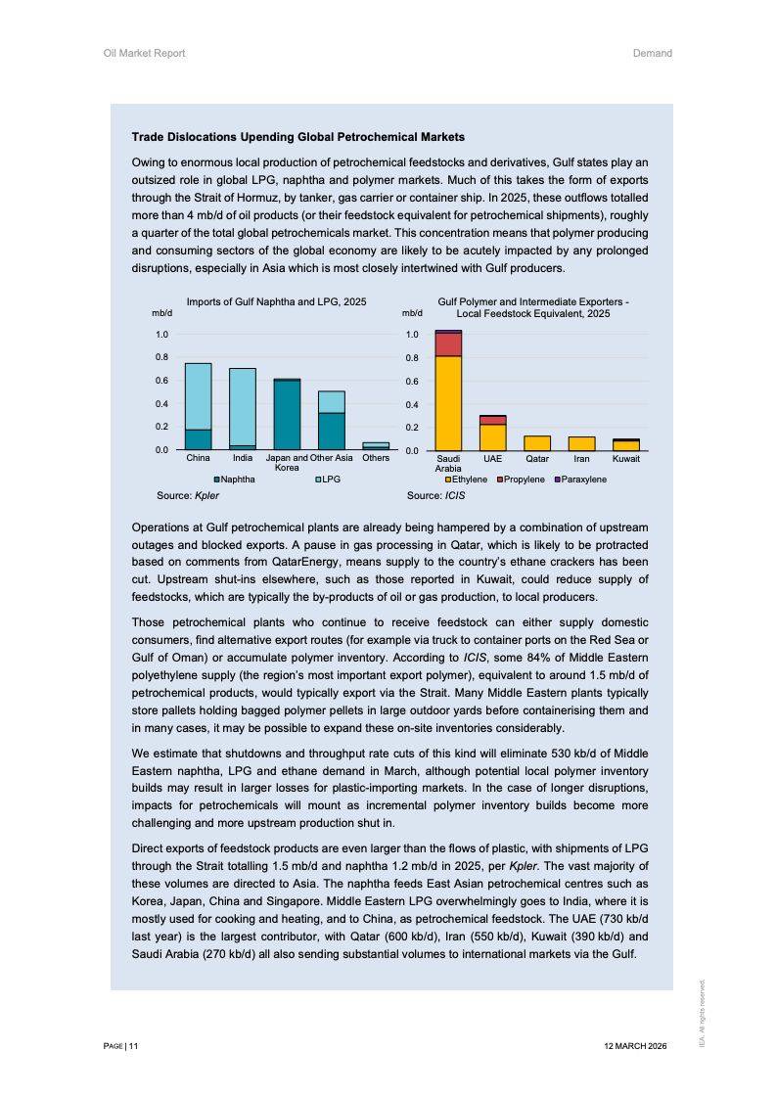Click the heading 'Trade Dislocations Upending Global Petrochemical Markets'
[297, 136]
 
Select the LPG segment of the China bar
[198, 395]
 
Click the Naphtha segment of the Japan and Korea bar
[287, 415]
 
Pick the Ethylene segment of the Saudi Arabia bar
[448, 402]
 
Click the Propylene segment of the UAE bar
[493, 420]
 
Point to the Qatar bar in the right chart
[537, 443]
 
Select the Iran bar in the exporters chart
[581, 443]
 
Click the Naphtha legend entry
[234, 480]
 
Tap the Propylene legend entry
[524, 480]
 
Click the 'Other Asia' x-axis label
[331, 458]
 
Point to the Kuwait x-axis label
[626, 458]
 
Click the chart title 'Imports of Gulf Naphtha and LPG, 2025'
[276, 302]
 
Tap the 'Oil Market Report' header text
[144, 53]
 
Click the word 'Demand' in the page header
[652, 53]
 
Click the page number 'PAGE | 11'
[120, 1046]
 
